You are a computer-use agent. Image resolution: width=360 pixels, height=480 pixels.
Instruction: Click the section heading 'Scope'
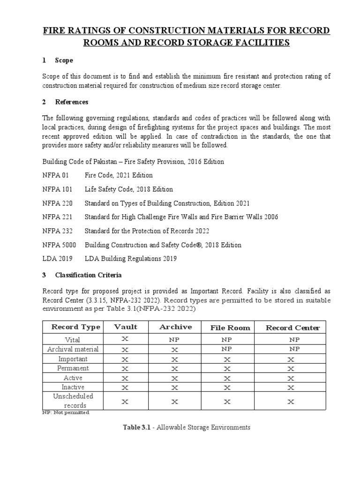[64, 60]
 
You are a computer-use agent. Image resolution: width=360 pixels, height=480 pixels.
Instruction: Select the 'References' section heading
[71, 102]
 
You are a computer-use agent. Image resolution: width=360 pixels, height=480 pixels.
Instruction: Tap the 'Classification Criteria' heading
[88, 275]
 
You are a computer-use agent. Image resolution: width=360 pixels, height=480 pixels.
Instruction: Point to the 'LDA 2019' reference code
[57, 259]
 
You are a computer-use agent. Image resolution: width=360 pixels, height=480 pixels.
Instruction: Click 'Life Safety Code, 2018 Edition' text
[128, 189]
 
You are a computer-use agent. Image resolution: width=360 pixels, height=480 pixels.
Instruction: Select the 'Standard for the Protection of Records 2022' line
[147, 231]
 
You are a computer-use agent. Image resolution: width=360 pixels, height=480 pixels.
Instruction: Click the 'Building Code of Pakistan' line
[133, 162]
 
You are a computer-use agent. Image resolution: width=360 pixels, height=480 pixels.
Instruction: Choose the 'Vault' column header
[126, 327]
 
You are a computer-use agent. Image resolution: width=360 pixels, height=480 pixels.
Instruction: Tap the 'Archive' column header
[175, 327]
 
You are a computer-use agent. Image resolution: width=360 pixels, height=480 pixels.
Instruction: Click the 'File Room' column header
[230, 328]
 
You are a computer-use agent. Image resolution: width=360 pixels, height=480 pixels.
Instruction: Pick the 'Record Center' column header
[292, 328]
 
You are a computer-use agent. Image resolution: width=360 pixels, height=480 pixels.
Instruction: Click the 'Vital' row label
[73, 340]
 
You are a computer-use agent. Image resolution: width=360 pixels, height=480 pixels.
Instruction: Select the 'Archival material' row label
[73, 349]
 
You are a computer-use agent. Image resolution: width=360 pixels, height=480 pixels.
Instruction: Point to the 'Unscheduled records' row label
[73, 401]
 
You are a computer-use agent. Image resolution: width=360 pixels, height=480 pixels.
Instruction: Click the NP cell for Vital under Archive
[175, 340]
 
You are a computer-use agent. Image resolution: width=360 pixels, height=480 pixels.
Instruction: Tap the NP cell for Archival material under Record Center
[294, 349]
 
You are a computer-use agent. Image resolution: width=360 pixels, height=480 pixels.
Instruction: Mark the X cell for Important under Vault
[125, 359]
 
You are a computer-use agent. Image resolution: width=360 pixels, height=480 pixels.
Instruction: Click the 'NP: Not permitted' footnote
[66, 412]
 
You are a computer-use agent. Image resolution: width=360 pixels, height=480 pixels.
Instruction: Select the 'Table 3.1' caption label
[136, 427]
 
